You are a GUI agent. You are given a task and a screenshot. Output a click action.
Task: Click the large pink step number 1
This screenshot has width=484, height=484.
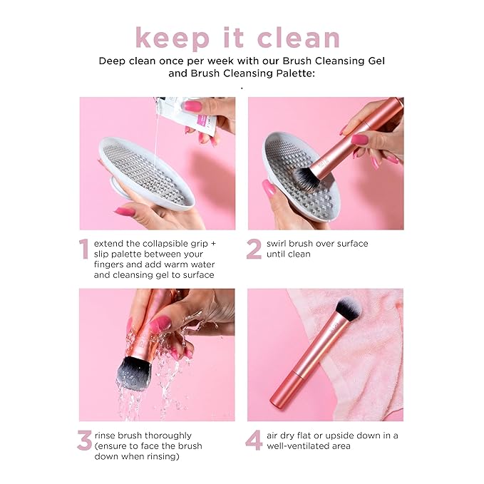(x=84, y=249)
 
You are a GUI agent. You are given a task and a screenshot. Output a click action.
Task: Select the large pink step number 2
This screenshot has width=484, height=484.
(x=253, y=249)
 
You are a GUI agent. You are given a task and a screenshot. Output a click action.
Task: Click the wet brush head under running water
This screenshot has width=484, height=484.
(x=135, y=374)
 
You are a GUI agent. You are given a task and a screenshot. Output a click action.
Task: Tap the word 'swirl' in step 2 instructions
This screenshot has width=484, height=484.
(x=279, y=244)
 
